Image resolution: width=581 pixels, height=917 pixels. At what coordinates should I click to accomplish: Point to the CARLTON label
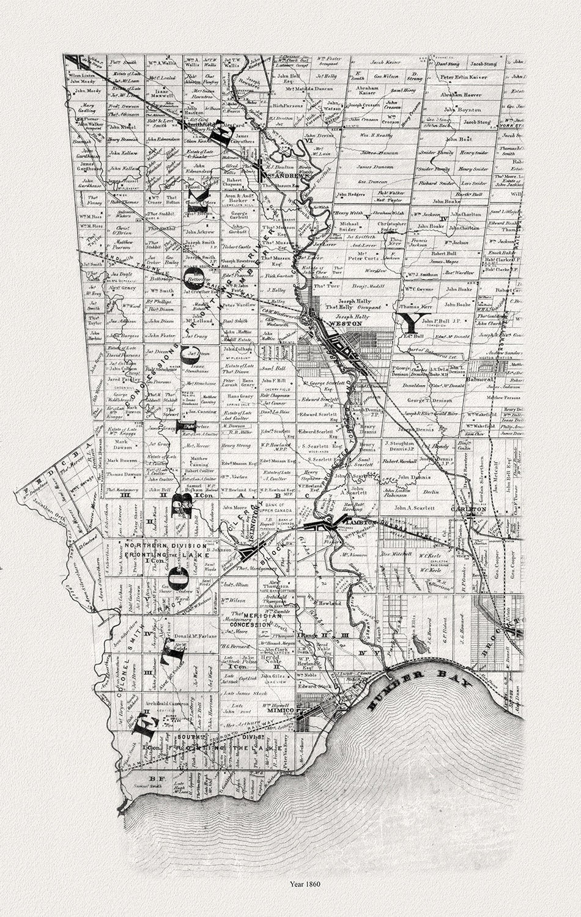(467, 508)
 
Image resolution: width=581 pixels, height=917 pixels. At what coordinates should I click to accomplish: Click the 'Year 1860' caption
(290, 883)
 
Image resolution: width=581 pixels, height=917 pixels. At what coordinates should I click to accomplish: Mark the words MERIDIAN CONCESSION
(247, 619)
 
